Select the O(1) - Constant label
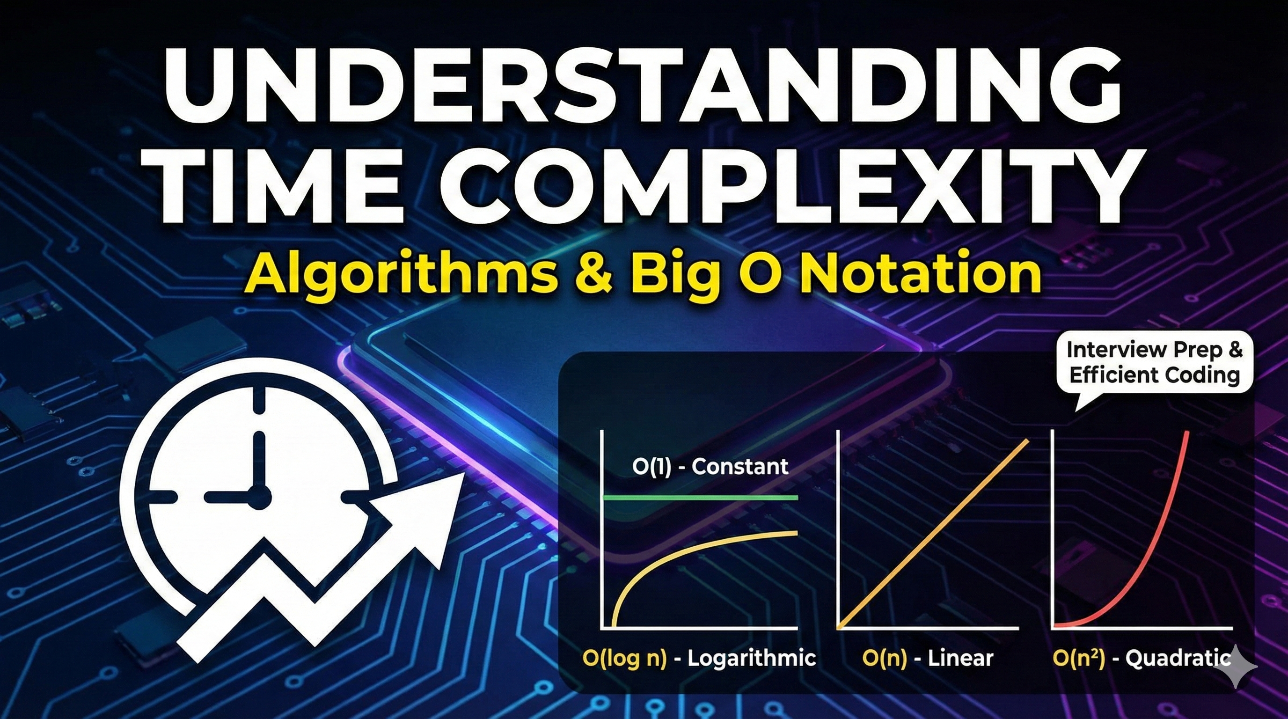(x=710, y=467)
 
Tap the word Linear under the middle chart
(x=960, y=658)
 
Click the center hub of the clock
(x=259, y=498)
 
